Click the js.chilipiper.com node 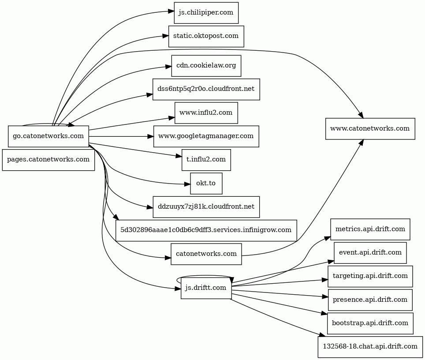(206, 13)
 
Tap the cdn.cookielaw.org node (206, 66)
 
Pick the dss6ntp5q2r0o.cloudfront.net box (206, 89)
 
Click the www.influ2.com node (206, 113)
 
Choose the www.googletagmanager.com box (206, 136)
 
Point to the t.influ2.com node (206, 160)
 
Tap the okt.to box (206, 184)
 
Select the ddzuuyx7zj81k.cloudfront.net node (206, 207)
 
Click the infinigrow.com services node (206, 230)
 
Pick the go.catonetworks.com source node (48, 136)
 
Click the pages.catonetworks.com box (48, 160)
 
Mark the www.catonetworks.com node (370, 129)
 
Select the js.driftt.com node (206, 288)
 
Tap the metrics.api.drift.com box (370, 229)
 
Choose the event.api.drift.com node (370, 253)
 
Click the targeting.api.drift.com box (370, 276)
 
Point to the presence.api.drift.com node (370, 300)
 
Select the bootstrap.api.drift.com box (370, 323)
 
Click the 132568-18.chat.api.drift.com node (370, 347)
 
